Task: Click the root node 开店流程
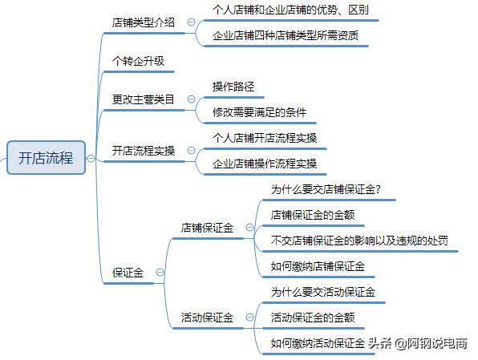tap(46, 158)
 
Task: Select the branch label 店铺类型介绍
tap(144, 22)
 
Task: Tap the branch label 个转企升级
tap(138, 61)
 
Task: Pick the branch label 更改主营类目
tap(144, 99)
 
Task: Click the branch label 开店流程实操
tap(144, 151)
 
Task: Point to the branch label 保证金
tap(128, 273)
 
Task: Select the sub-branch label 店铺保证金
tap(207, 228)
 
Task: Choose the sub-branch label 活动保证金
tap(207, 318)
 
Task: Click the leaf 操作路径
tap(233, 87)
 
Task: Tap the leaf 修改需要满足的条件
tap(259, 112)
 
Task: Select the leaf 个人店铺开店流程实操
tap(265, 138)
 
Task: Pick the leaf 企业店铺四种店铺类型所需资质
tap(286, 35)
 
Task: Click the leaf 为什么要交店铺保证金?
tap(326, 189)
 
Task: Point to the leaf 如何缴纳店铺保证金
tap(318, 266)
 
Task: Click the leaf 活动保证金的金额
tap(313, 318)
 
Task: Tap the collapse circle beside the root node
tap(91, 158)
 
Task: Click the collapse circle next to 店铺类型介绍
tap(191, 22)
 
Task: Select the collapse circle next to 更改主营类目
tap(191, 99)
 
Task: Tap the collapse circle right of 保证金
tap(160, 273)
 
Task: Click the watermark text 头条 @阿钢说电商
tap(418, 343)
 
